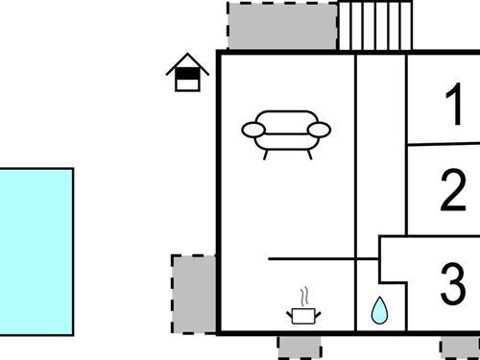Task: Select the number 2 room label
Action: [453, 191]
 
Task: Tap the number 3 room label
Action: [452, 283]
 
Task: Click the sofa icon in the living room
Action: [285, 132]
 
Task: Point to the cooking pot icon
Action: [303, 313]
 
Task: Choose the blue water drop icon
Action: [379, 310]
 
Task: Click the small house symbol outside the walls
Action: [188, 74]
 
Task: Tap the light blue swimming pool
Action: [36, 251]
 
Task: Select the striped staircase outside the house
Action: [375, 26]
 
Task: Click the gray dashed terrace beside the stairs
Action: [282, 26]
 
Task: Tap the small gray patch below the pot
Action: [300, 347]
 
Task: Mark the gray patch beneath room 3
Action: [459, 348]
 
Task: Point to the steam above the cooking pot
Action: [304, 295]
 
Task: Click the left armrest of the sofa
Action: [252, 128]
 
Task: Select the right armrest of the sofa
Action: [320, 129]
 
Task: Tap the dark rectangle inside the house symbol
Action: [188, 72]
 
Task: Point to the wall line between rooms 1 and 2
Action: [442, 145]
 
